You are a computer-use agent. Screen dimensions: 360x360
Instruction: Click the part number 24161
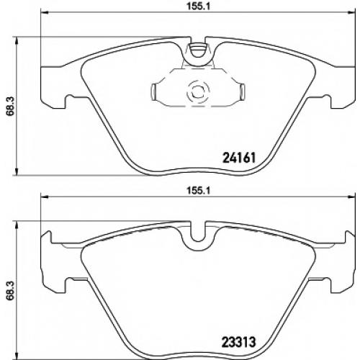[x=239, y=158]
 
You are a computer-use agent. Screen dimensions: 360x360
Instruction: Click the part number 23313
[x=239, y=341]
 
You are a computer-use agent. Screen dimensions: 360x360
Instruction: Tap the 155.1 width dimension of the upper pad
[x=198, y=6]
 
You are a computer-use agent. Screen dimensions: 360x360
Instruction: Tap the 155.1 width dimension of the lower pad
[x=198, y=191]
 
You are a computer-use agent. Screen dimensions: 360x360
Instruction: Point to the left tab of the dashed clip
[x=154, y=91]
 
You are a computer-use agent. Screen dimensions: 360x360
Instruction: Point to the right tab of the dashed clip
[x=243, y=91]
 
